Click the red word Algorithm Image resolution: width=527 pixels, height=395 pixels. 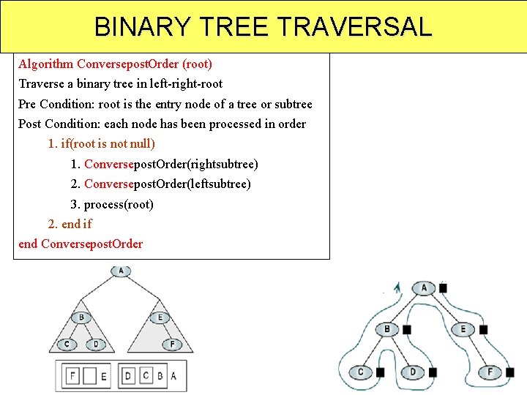(x=45, y=64)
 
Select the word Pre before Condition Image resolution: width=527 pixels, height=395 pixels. (x=27, y=104)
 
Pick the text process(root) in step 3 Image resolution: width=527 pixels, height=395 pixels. (x=119, y=204)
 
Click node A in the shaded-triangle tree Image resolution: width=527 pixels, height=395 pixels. (x=121, y=271)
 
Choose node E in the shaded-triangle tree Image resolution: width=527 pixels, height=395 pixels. (x=160, y=317)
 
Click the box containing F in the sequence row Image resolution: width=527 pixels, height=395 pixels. (x=72, y=376)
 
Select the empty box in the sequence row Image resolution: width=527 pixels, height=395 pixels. (x=89, y=376)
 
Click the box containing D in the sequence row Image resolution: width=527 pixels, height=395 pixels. (x=129, y=376)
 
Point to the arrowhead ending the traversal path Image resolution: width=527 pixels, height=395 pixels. (x=397, y=286)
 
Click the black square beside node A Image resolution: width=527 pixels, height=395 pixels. (x=443, y=288)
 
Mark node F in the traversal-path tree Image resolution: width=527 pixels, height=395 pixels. (x=490, y=372)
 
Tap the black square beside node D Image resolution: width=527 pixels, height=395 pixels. (x=433, y=372)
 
